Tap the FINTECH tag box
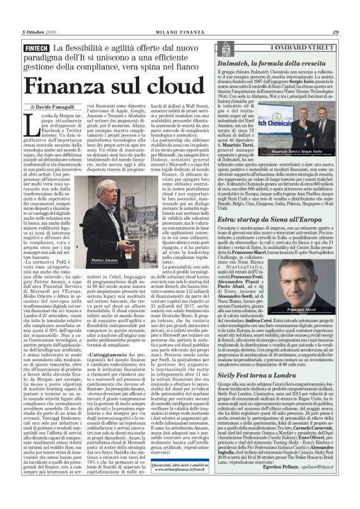(x=35, y=49)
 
